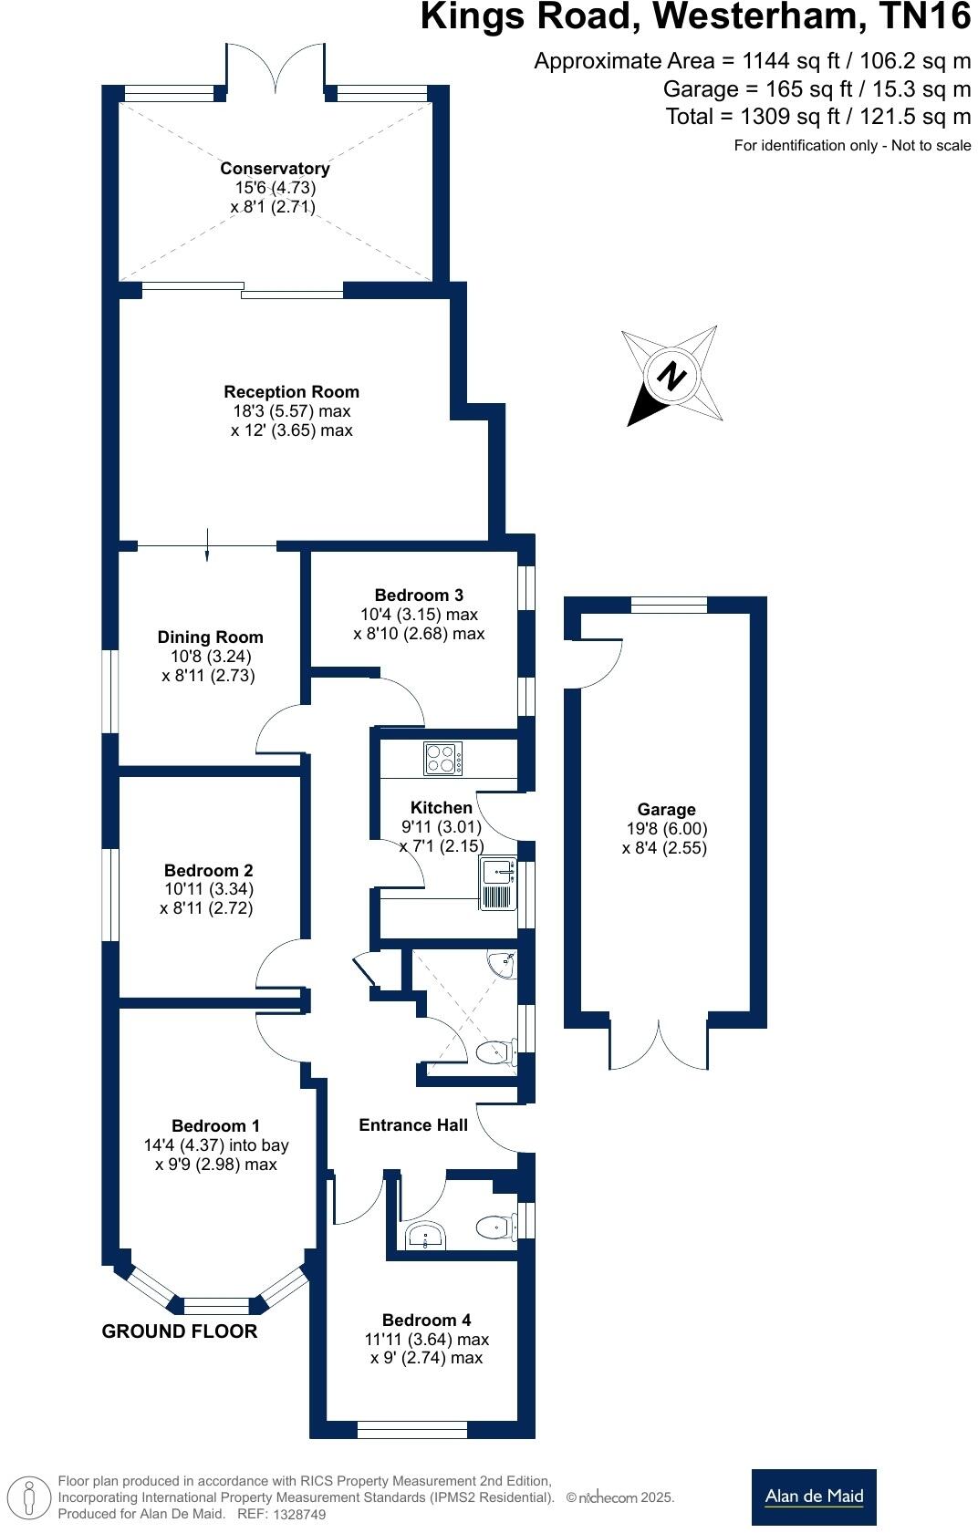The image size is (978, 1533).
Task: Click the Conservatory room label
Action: click(x=275, y=169)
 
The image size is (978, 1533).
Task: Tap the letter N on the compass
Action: click(x=671, y=376)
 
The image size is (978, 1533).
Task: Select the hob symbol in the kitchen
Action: click(x=443, y=759)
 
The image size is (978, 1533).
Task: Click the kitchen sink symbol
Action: click(x=497, y=883)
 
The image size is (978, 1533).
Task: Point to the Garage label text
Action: click(x=666, y=810)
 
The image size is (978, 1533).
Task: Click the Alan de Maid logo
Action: click(x=814, y=1497)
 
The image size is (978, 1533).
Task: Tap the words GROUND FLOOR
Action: click(x=180, y=1331)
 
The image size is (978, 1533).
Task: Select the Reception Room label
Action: click(x=292, y=392)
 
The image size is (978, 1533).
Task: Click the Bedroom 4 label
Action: click(x=426, y=1321)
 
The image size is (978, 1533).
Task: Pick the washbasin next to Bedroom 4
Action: click(x=426, y=1237)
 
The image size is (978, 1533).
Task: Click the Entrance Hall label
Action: click(x=413, y=1125)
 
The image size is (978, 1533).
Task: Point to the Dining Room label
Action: click(x=210, y=637)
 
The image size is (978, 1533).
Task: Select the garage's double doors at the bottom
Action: click(x=659, y=1044)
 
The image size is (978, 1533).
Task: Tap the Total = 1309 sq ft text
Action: click(x=817, y=117)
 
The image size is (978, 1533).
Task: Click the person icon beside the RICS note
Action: click(x=31, y=1497)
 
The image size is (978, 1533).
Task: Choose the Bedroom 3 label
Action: click(x=419, y=596)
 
